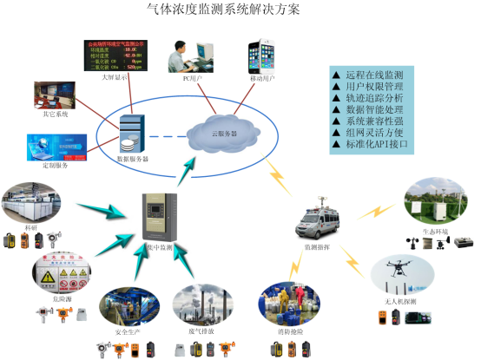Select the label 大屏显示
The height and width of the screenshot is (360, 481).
115,77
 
